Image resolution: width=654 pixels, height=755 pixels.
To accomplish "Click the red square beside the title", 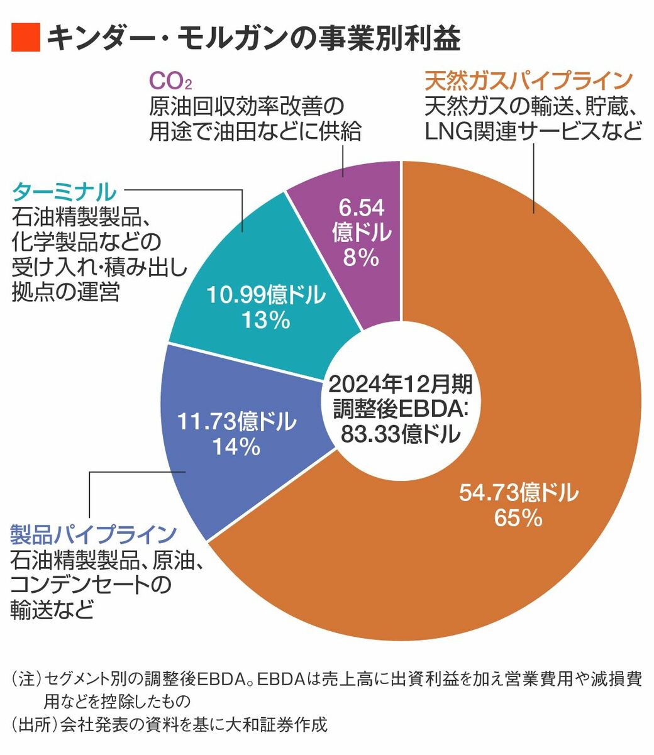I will pos(25,38).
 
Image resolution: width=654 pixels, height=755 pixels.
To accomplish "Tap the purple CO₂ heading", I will pos(170,81).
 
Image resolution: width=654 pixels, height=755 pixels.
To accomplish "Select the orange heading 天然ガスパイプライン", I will pos(528,81).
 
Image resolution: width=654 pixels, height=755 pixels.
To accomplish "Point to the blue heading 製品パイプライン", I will pos(93,534).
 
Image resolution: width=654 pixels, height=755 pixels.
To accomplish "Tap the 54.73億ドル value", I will pos(518,493).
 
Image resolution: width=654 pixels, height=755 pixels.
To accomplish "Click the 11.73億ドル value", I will pos(236,422).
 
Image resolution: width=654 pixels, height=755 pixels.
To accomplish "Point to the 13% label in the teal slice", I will pos(265,321).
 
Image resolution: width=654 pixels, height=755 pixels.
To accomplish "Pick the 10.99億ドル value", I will pos(265,294).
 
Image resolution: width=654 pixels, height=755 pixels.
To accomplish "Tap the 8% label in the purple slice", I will pos(361,258).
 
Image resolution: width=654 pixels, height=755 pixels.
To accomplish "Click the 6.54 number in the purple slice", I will pos(361,207).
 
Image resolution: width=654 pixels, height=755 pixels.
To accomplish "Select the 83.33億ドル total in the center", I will pos(401,434).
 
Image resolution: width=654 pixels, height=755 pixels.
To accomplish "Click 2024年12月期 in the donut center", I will pos(401,383).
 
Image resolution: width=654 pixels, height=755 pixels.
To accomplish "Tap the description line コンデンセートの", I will pos(91,585).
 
